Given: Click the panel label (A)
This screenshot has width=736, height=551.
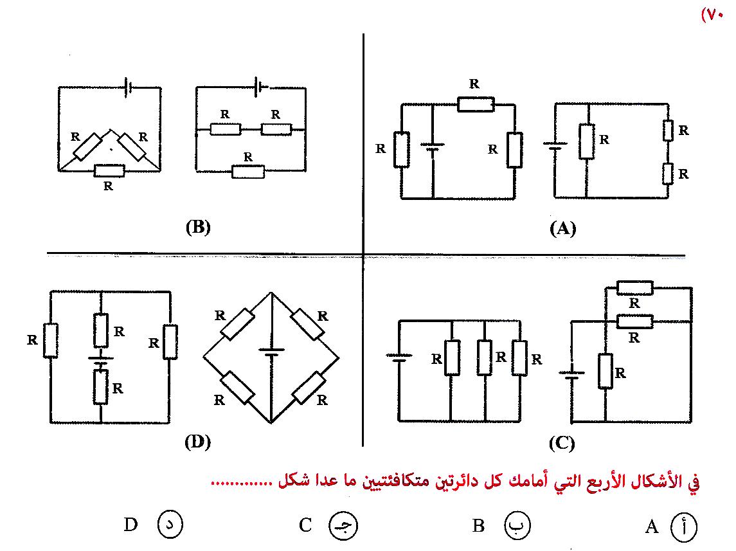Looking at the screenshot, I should tap(562, 229).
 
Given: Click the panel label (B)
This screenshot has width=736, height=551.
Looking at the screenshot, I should tap(198, 227).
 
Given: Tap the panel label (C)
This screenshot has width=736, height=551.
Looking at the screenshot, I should tap(562, 443).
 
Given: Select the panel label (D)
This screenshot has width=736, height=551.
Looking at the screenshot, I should tap(197, 442).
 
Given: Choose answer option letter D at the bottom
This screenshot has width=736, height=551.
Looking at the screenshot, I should tap(131, 525).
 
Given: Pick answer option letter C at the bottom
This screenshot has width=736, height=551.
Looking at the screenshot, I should tap(305, 525).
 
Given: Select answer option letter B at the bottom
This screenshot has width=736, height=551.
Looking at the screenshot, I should tap(478, 526).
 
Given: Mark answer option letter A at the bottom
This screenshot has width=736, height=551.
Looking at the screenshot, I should tap(652, 527).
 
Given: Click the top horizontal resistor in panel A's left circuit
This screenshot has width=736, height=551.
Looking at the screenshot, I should tap(476, 103).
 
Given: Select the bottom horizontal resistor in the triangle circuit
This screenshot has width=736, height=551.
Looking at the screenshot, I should tap(109, 170).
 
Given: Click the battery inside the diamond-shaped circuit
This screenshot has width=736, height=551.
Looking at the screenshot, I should tap(271, 352).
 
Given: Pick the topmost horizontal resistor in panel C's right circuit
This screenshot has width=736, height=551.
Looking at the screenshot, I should tap(634, 288).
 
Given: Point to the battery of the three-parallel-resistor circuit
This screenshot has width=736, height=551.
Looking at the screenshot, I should tap(399, 357).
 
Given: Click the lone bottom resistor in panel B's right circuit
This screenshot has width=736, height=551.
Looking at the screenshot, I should tap(248, 171).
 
